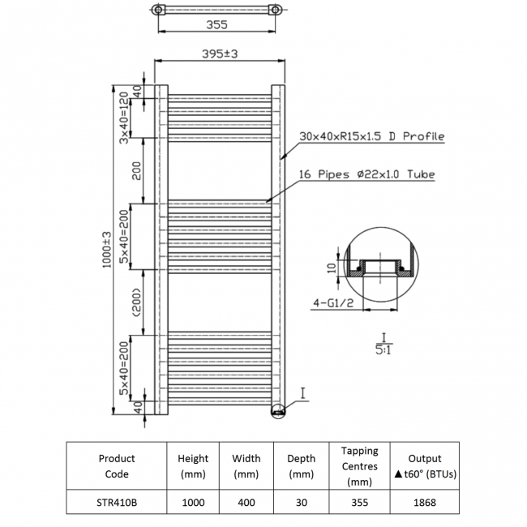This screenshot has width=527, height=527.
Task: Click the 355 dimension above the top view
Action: (216, 25)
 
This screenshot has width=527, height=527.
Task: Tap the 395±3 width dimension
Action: (220, 54)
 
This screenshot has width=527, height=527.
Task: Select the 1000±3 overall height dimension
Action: (107, 250)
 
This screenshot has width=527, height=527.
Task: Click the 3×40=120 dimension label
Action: (124, 118)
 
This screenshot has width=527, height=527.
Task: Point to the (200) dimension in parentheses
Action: (138, 302)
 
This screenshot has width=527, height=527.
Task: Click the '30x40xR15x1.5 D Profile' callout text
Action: (371, 136)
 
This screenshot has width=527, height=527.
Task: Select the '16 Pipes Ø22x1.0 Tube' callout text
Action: (367, 174)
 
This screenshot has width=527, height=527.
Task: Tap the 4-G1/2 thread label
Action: (333, 303)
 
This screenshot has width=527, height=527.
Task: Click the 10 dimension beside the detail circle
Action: (332, 268)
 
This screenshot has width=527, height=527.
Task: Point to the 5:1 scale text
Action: (383, 350)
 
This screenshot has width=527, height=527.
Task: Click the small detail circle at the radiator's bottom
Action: (278, 411)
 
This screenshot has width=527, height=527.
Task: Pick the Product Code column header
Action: (117, 466)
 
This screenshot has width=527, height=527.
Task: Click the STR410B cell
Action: (117, 503)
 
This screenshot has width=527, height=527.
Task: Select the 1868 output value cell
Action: (425, 503)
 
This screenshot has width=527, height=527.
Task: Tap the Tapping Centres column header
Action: (360, 466)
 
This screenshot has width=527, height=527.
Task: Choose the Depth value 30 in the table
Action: (302, 503)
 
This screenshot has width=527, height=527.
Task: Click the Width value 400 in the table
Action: (246, 503)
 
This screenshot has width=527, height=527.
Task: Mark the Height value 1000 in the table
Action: (193, 503)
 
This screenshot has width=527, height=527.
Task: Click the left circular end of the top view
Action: (158, 10)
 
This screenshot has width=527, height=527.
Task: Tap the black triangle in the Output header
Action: (399, 474)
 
